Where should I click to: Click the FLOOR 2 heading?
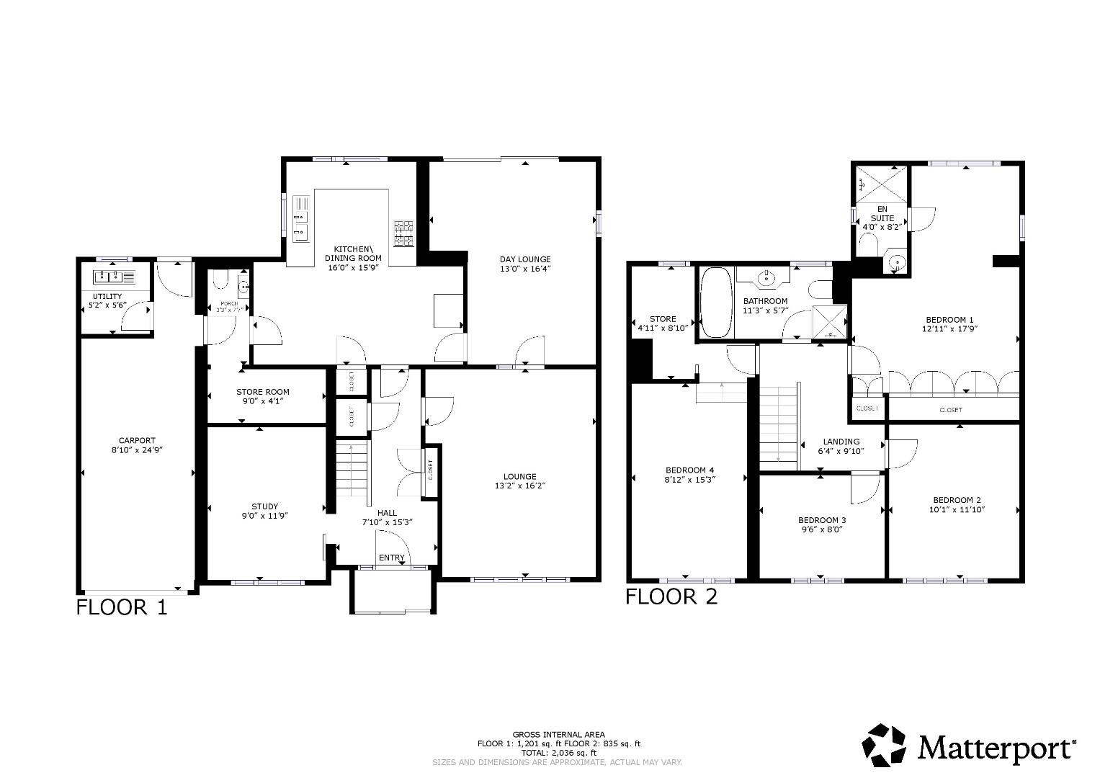tap(671, 596)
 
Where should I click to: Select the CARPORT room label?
tap(137, 441)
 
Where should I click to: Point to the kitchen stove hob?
tap(403, 233)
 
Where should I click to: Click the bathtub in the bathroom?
tap(715, 303)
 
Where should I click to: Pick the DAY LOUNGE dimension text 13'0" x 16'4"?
tap(525, 269)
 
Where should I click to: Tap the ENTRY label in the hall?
tap(392, 558)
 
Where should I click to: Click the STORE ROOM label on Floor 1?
tap(263, 392)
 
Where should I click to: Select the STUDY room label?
tap(264, 506)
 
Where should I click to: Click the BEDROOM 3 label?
tap(822, 520)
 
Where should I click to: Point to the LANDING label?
tap(841, 442)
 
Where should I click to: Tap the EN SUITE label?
tap(882, 213)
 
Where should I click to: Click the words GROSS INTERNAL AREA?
tap(558, 734)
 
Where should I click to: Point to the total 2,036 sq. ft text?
tap(558, 752)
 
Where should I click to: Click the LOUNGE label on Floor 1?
tap(519, 476)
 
